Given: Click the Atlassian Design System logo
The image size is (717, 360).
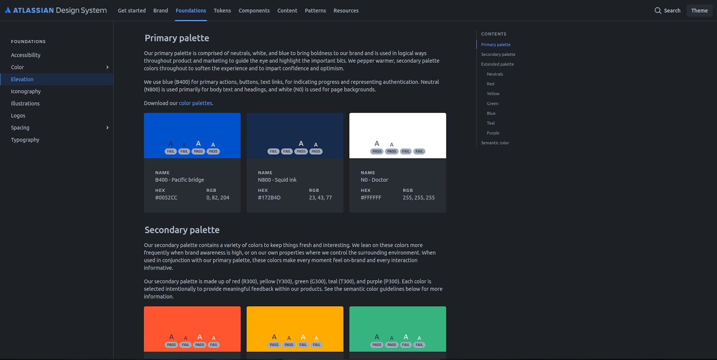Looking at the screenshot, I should [56, 10].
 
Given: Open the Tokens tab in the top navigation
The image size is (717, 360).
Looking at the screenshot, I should [222, 10].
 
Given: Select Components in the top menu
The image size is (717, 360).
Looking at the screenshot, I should [254, 10].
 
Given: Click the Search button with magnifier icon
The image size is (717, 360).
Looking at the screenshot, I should [667, 10].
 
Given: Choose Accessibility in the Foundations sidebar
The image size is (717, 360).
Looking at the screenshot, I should [25, 55].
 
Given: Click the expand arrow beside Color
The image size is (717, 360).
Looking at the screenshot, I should [107, 67].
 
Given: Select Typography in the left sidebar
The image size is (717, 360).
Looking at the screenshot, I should [25, 140].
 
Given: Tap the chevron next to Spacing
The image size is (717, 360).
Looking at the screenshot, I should [107, 128].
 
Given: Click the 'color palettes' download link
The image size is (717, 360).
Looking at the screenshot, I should [195, 103].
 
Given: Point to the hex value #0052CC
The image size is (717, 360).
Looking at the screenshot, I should [166, 198].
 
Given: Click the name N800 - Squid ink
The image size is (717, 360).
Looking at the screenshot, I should [277, 180].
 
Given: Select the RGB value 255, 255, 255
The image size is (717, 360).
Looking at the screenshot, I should [419, 198].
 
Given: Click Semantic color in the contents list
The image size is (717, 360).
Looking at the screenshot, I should [495, 143].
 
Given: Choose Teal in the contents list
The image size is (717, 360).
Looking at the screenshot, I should [491, 123].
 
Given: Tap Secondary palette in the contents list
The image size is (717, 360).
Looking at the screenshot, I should [498, 54].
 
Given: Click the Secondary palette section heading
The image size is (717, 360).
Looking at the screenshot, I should [182, 230].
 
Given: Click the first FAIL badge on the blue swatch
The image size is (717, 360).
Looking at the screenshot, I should [171, 151].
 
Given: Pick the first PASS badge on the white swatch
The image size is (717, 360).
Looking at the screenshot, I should [377, 151].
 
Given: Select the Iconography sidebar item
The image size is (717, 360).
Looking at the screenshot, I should [26, 91].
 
